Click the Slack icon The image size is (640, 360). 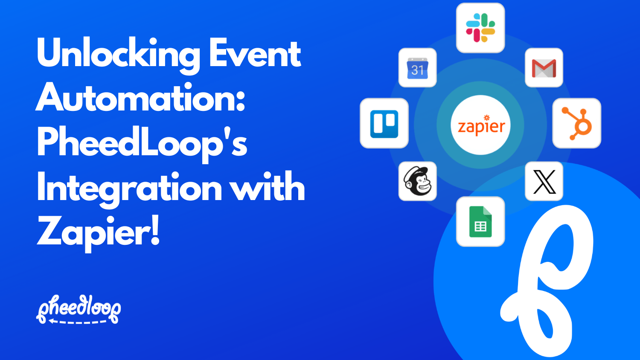click(x=480, y=28)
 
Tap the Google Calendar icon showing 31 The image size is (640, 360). click(x=417, y=68)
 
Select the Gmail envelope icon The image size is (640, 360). click(x=544, y=68)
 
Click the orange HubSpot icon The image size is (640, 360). click(x=577, y=123)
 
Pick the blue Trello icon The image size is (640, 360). click(x=384, y=123)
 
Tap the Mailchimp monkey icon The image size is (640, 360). click(x=417, y=181)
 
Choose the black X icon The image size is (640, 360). click(x=544, y=181)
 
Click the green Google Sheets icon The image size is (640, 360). click(x=480, y=221)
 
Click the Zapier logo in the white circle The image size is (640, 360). click(x=480, y=125)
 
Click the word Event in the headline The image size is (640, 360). click(x=255, y=55)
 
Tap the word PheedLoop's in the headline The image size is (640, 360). click(x=142, y=144)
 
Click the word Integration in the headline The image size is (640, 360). click(x=129, y=188)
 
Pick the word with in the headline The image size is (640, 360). click(x=268, y=188)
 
